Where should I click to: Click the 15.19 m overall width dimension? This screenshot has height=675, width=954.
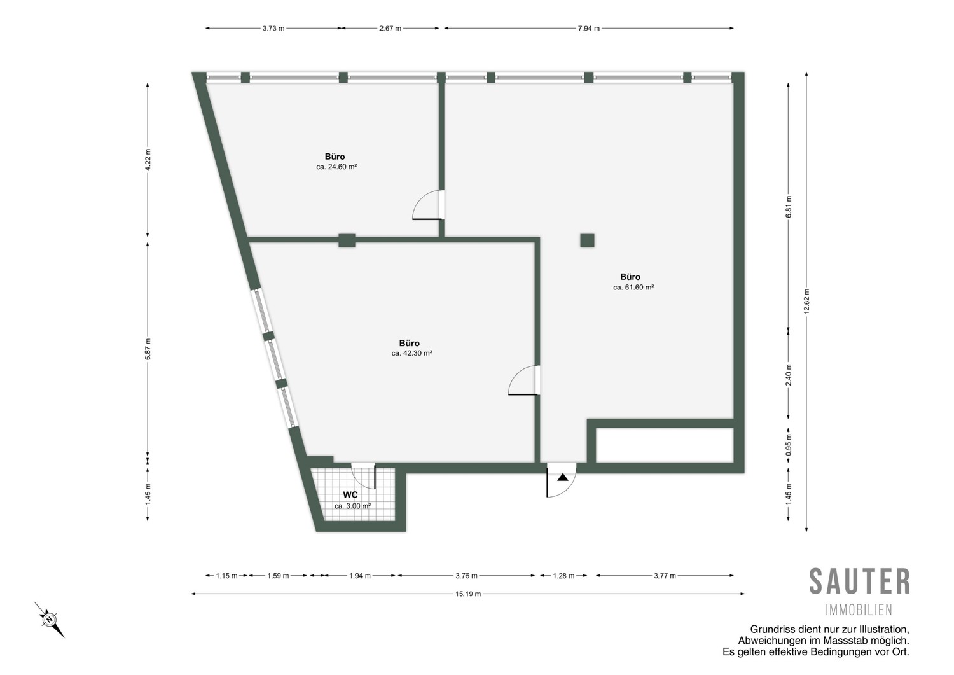[x=468, y=594]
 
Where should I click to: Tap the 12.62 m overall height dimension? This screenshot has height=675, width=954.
[x=806, y=302]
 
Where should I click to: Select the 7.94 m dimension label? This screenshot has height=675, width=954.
[x=588, y=29]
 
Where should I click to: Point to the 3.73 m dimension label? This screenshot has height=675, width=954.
[x=273, y=29]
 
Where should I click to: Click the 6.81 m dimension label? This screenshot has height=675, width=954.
[x=789, y=207]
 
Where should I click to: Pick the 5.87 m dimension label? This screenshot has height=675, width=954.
[x=148, y=349]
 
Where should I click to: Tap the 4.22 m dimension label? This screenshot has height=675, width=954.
[x=148, y=160]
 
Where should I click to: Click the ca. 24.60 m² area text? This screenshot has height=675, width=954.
[x=336, y=167]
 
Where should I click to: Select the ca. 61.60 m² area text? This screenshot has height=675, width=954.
[x=633, y=288]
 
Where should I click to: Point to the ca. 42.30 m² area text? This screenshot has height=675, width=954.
[x=412, y=353]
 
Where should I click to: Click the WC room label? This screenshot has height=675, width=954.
[x=350, y=495]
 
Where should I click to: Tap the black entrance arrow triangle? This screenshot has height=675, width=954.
[x=563, y=477]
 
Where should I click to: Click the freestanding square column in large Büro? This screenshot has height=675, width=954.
[x=587, y=240]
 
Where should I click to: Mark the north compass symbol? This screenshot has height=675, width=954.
[x=50, y=620]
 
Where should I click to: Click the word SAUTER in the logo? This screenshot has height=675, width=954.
[x=859, y=581]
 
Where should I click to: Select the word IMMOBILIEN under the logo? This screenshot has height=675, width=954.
[x=859, y=610]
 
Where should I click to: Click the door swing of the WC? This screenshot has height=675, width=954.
[x=363, y=476]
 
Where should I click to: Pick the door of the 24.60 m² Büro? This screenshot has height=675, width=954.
[x=428, y=205]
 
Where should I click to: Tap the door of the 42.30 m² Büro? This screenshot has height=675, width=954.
[x=524, y=380]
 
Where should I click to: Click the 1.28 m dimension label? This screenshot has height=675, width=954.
[x=563, y=576]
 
